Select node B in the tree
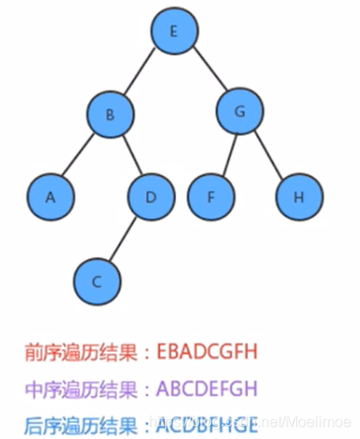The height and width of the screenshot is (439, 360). [x=111, y=116]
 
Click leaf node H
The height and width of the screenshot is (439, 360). [x=299, y=198]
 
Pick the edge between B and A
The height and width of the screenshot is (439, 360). [x=80, y=157]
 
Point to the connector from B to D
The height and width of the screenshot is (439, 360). [x=130, y=157]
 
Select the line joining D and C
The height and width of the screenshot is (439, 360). [x=123, y=240]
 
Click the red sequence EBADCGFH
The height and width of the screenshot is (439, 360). [x=212, y=352]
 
